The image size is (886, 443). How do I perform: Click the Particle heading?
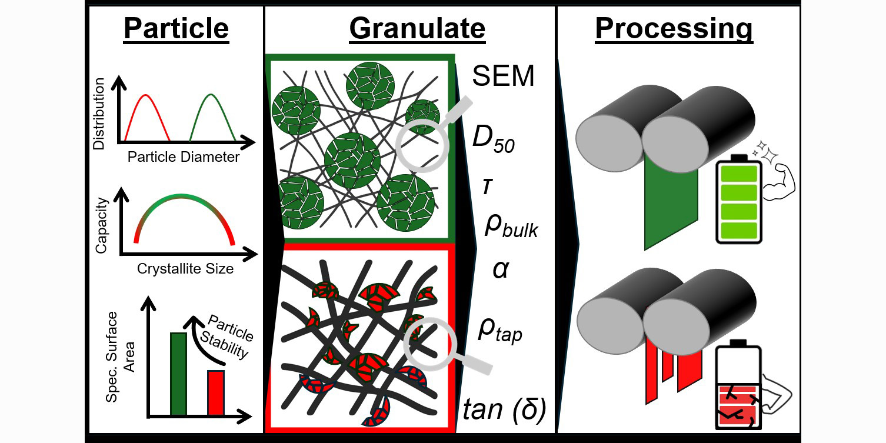point(175,28)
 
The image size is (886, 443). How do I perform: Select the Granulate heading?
point(417,28)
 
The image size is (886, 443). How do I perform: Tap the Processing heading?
point(674,28)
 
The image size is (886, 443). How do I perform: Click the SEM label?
point(504,76)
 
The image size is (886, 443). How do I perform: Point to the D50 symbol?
point(494,139)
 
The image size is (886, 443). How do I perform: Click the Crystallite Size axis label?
point(185,269)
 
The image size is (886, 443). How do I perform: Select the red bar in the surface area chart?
point(216,393)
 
